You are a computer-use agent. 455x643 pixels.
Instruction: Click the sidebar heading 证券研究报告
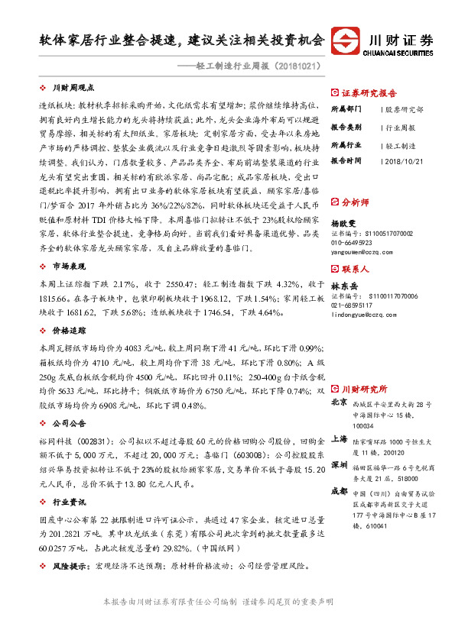click(x=366, y=89)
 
